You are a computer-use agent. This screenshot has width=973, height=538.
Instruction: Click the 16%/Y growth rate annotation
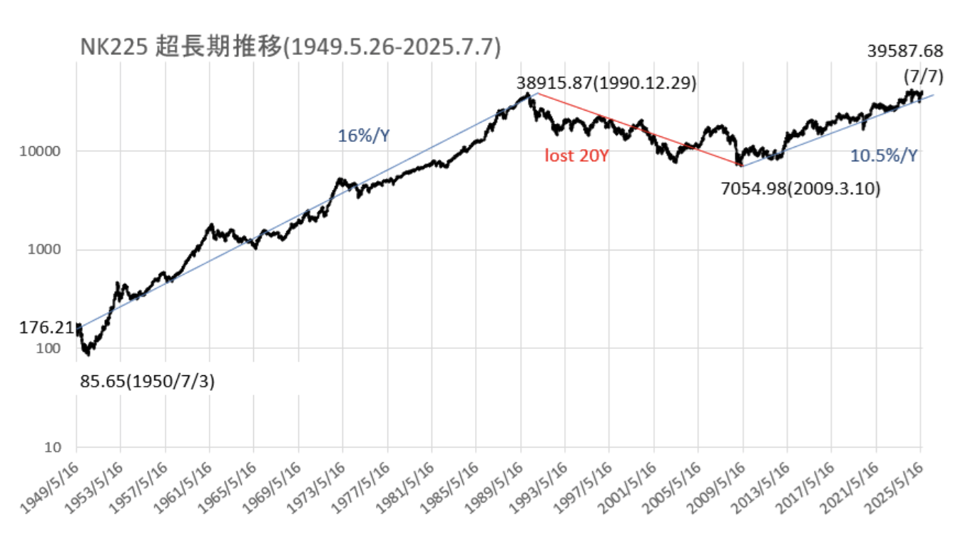[x=364, y=136]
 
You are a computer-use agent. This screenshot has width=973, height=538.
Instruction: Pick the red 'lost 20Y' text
[x=576, y=156]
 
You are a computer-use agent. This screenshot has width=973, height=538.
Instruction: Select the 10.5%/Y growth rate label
[x=885, y=156]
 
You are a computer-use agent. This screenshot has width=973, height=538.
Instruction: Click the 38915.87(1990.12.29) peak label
[x=606, y=83]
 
